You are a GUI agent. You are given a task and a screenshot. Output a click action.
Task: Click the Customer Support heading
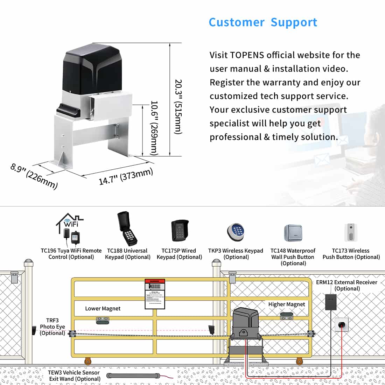(263, 22)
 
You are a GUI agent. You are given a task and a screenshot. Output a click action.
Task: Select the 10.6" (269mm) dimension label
(154, 128)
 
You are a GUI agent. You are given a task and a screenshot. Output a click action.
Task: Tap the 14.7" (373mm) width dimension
(126, 176)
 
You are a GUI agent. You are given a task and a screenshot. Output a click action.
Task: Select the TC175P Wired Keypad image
(180, 231)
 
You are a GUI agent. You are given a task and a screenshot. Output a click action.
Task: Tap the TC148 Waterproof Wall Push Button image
(293, 233)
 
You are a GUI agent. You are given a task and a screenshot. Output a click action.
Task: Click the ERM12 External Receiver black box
(331, 302)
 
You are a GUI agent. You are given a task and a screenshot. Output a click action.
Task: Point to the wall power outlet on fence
(342, 324)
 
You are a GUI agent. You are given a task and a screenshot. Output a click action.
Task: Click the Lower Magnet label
(103, 308)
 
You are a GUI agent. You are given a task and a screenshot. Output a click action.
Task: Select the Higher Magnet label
(287, 304)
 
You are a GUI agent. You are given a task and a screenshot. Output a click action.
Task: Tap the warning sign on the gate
(155, 294)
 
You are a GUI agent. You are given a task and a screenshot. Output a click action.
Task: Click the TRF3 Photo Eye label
(52, 327)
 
